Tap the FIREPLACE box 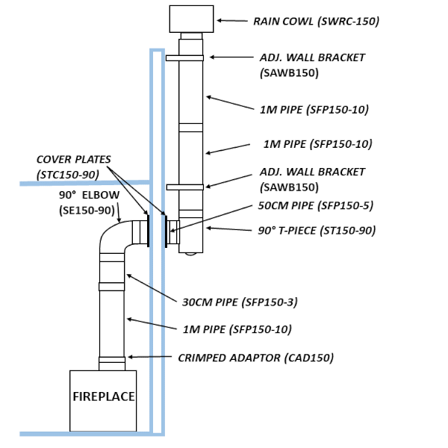103,396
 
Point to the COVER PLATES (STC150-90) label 73,167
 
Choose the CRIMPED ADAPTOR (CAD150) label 255,358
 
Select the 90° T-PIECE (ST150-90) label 312,230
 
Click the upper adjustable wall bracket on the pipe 184,58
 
